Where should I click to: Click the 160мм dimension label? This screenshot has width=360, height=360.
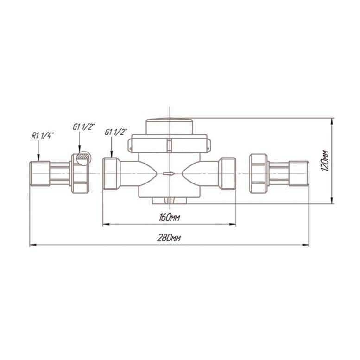tap(169, 217)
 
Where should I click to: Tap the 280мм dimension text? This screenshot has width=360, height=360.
tap(169, 238)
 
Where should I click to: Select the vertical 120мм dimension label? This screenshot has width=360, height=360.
tap(325, 160)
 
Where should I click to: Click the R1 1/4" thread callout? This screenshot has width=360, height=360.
tap(43, 135)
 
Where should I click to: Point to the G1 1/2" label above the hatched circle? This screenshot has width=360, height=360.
tap(84, 126)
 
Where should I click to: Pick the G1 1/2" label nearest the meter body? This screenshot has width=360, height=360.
tap(116, 132)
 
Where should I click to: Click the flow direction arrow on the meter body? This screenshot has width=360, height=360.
tap(169, 174)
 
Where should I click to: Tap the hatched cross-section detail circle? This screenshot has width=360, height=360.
tap(83, 158)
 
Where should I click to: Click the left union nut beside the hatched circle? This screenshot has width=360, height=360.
tap(80, 174)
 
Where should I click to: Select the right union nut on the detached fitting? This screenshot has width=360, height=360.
tap(258, 174)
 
